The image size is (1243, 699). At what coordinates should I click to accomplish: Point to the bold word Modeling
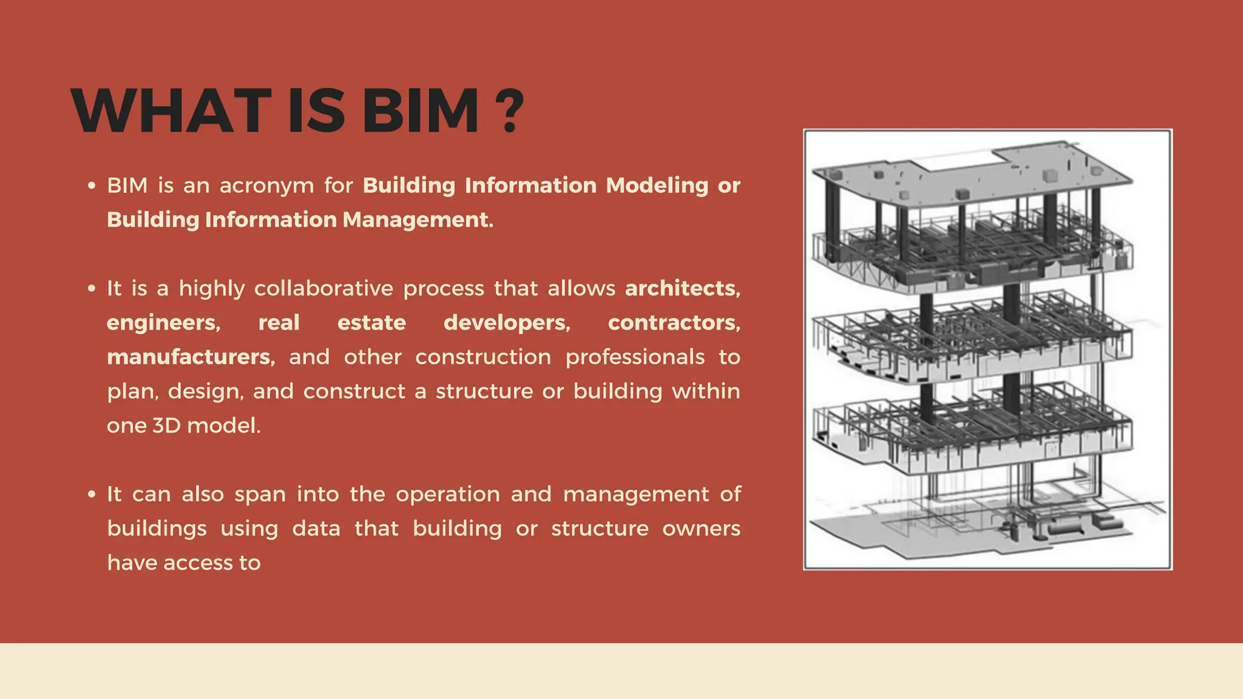point(657,186)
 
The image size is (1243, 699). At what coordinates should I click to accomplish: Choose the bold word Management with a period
point(418,220)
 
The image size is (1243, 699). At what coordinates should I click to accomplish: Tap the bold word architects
point(682,288)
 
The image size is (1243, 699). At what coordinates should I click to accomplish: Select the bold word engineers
point(163,323)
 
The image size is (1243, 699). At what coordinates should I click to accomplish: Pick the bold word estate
point(371,323)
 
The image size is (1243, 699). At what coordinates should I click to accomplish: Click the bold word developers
point(507,323)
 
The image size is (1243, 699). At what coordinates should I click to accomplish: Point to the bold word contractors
point(674,323)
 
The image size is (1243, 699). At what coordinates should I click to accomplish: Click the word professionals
point(635,357)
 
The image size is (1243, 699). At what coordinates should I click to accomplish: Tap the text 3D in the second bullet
point(166,425)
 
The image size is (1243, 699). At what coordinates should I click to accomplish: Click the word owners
point(701,528)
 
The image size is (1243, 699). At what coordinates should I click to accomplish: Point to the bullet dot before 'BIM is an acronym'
point(92,186)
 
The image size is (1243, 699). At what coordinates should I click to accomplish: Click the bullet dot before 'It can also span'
point(92,495)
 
